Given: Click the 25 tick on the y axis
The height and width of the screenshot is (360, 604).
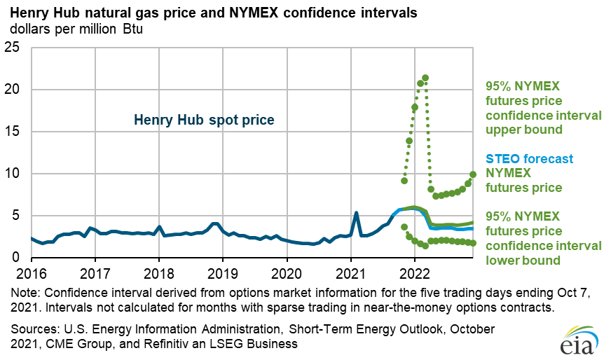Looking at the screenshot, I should click(13, 48).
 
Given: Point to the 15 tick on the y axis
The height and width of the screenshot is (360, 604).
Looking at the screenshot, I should click(13, 132).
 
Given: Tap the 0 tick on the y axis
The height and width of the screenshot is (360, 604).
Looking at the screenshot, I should click(18, 258).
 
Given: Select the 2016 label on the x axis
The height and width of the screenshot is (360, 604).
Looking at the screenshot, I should click(32, 272).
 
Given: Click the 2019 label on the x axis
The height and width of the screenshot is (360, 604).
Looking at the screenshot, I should click(223, 272).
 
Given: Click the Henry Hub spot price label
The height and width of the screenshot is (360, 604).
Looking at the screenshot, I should click(204, 120).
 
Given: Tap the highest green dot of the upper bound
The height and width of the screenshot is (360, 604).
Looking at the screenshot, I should click(425, 78).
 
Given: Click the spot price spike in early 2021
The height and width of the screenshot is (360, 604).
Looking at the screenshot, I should click(357, 213).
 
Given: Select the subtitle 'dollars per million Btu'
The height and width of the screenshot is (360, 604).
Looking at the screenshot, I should click(76, 29).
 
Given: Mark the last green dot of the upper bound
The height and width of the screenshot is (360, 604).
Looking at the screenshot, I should click(473, 174).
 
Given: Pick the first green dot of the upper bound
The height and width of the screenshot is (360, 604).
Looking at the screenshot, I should click(404, 181).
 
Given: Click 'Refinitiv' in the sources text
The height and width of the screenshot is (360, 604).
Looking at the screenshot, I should click(181, 343).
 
